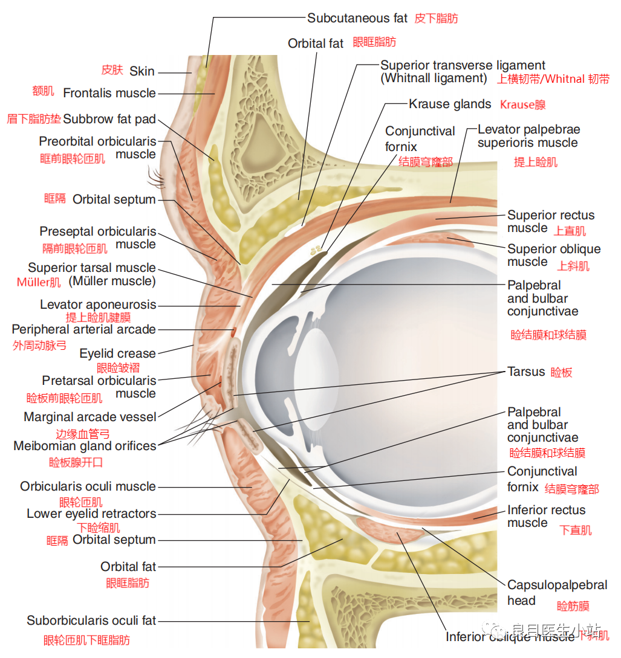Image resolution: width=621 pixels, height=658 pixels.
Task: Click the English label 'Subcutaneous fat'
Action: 357,18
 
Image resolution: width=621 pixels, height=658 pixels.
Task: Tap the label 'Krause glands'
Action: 450,104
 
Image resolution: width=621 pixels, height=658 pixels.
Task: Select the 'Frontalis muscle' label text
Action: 109,93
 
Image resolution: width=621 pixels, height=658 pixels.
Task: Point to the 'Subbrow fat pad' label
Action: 109,119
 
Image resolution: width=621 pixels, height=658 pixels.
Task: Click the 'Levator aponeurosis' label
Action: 98,305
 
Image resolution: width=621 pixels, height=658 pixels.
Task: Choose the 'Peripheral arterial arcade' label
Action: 83,330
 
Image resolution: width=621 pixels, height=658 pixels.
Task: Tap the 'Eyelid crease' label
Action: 117,353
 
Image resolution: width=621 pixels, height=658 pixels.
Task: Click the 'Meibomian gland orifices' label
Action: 85,446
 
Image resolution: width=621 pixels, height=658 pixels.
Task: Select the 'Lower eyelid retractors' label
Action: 91,514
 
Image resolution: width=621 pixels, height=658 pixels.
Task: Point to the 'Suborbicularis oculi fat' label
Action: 91,621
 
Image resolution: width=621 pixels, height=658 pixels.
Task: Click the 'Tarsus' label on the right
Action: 526,372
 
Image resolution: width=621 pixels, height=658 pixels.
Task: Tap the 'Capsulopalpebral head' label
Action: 557,592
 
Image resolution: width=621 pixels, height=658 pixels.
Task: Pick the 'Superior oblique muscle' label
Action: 553,255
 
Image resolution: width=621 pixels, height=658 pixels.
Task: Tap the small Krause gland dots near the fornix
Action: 315,249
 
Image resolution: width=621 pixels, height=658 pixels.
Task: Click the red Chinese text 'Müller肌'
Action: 39,282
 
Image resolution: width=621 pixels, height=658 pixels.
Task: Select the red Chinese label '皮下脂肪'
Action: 436,18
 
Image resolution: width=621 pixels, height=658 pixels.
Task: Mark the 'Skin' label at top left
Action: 142,71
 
